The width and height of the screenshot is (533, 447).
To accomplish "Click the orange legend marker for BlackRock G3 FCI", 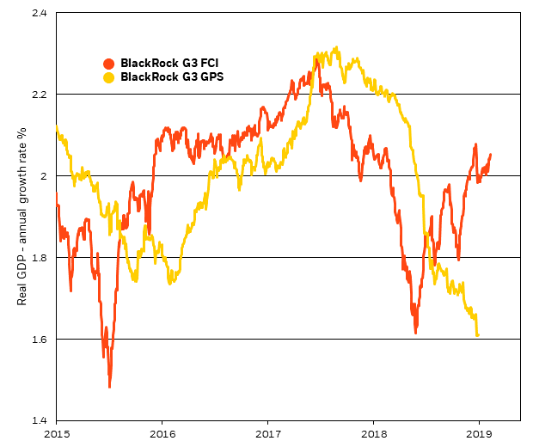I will tap(108, 63).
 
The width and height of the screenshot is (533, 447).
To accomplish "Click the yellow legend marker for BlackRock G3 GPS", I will tap(108, 77).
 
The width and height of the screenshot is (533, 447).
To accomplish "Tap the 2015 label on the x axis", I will tap(57, 433).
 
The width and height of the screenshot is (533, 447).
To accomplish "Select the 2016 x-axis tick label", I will tap(162, 433).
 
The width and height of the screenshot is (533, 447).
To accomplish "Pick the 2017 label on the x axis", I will tap(268, 433).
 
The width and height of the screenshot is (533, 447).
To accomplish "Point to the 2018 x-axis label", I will tap(373, 433).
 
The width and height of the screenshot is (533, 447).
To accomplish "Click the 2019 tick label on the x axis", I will tap(479, 433).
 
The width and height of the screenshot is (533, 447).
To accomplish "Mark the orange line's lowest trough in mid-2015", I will tap(109, 386).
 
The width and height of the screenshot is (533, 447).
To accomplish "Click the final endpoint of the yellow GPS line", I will tap(477, 335).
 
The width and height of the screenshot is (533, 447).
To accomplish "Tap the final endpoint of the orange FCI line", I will tap(491, 155).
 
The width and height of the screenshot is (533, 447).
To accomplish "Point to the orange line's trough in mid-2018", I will tap(415, 332).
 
